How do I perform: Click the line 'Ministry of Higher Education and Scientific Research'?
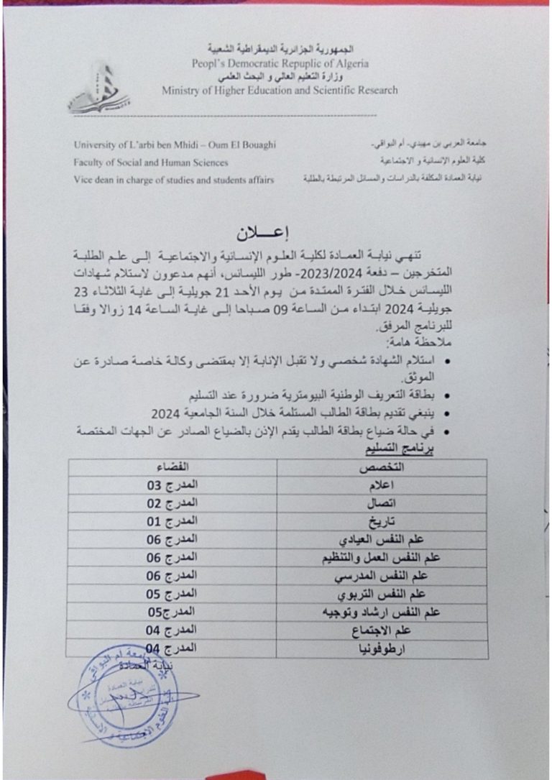(280, 91)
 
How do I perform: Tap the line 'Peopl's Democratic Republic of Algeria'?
(280, 63)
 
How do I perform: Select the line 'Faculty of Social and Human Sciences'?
(151, 163)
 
